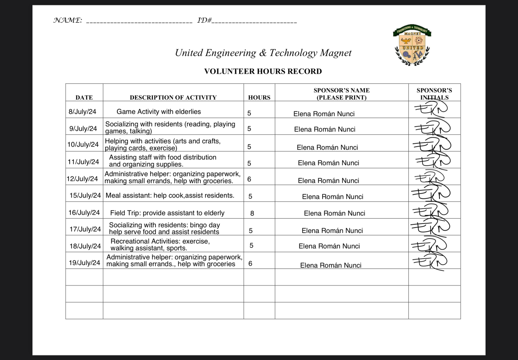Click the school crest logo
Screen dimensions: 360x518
pyautogui.click(x=412, y=45)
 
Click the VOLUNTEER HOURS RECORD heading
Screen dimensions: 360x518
pyautogui.click(x=263, y=72)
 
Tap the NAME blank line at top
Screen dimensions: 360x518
pyautogui.click(x=139, y=21)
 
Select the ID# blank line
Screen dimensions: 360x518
pyautogui.click(x=254, y=21)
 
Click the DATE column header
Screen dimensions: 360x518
pyautogui.click(x=84, y=97)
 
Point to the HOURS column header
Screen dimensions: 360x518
pyautogui.click(x=259, y=97)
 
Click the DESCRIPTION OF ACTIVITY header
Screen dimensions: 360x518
pyautogui.click(x=173, y=97)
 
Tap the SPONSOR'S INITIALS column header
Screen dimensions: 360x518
pyautogui.click(x=434, y=94)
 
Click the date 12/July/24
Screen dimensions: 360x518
pyautogui.click(x=83, y=179)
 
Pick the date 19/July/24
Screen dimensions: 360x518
pyautogui.click(x=84, y=263)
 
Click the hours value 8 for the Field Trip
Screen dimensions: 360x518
pyautogui.click(x=252, y=213)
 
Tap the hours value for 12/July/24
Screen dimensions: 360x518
pyautogui.click(x=249, y=179)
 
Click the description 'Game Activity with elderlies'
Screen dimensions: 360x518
pyautogui.click(x=159, y=112)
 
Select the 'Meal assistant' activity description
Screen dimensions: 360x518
pyautogui.click(x=170, y=196)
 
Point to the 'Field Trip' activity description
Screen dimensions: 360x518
pyautogui.click(x=167, y=213)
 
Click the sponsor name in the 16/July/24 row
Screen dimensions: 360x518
pyautogui.click(x=334, y=213)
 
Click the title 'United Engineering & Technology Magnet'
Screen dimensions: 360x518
pyautogui.click(x=263, y=53)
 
